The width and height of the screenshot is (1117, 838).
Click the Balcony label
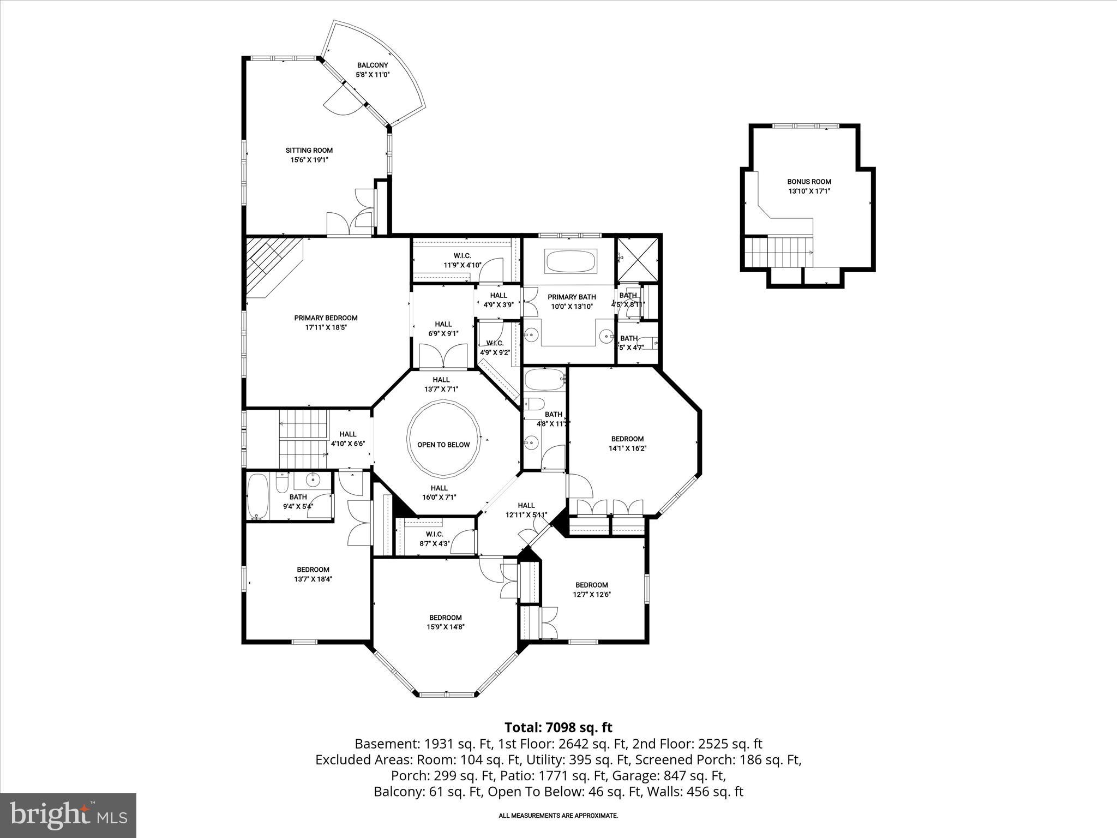[373, 65]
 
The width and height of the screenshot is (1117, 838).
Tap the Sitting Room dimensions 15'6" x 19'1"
[309, 160]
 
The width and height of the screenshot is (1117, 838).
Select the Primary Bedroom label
[326, 318]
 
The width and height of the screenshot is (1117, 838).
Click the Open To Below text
[443, 445]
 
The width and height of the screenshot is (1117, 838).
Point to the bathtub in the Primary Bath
[571, 261]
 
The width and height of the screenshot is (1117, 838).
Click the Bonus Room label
[809, 182]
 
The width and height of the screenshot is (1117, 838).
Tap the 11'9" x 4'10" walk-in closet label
[462, 261]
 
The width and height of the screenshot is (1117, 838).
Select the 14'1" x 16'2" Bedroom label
[627, 439]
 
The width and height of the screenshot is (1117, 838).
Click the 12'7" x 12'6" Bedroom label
[591, 585]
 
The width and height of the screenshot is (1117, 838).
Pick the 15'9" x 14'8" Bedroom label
[445, 618]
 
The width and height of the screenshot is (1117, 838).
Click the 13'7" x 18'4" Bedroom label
[313, 570]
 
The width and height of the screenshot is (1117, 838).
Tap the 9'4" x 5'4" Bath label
[298, 498]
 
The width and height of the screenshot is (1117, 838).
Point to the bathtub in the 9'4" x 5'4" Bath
[257, 495]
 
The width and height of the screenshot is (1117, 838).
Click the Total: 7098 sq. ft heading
[558, 727]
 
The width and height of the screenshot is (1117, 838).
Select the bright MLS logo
[68, 815]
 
